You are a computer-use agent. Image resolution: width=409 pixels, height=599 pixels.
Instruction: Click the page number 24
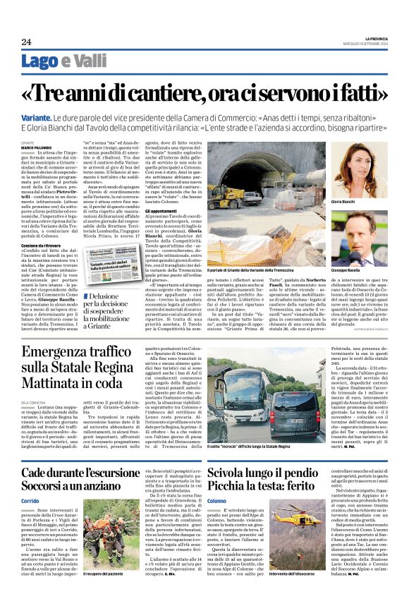point(26,42)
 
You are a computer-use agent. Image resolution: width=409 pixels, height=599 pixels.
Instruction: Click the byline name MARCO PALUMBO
point(54,147)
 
